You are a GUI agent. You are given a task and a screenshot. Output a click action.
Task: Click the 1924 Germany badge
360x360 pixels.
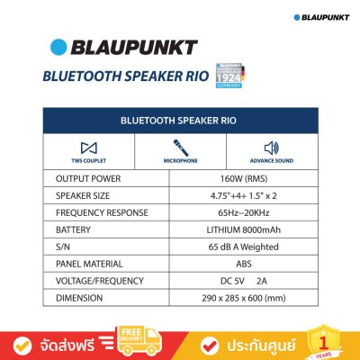point(232,76)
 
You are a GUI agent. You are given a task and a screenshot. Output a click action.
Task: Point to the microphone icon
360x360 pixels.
point(179,147)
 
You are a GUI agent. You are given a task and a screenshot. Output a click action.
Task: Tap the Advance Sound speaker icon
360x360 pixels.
point(273,147)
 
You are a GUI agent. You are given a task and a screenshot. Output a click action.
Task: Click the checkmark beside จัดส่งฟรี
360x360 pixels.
point(27,342)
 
